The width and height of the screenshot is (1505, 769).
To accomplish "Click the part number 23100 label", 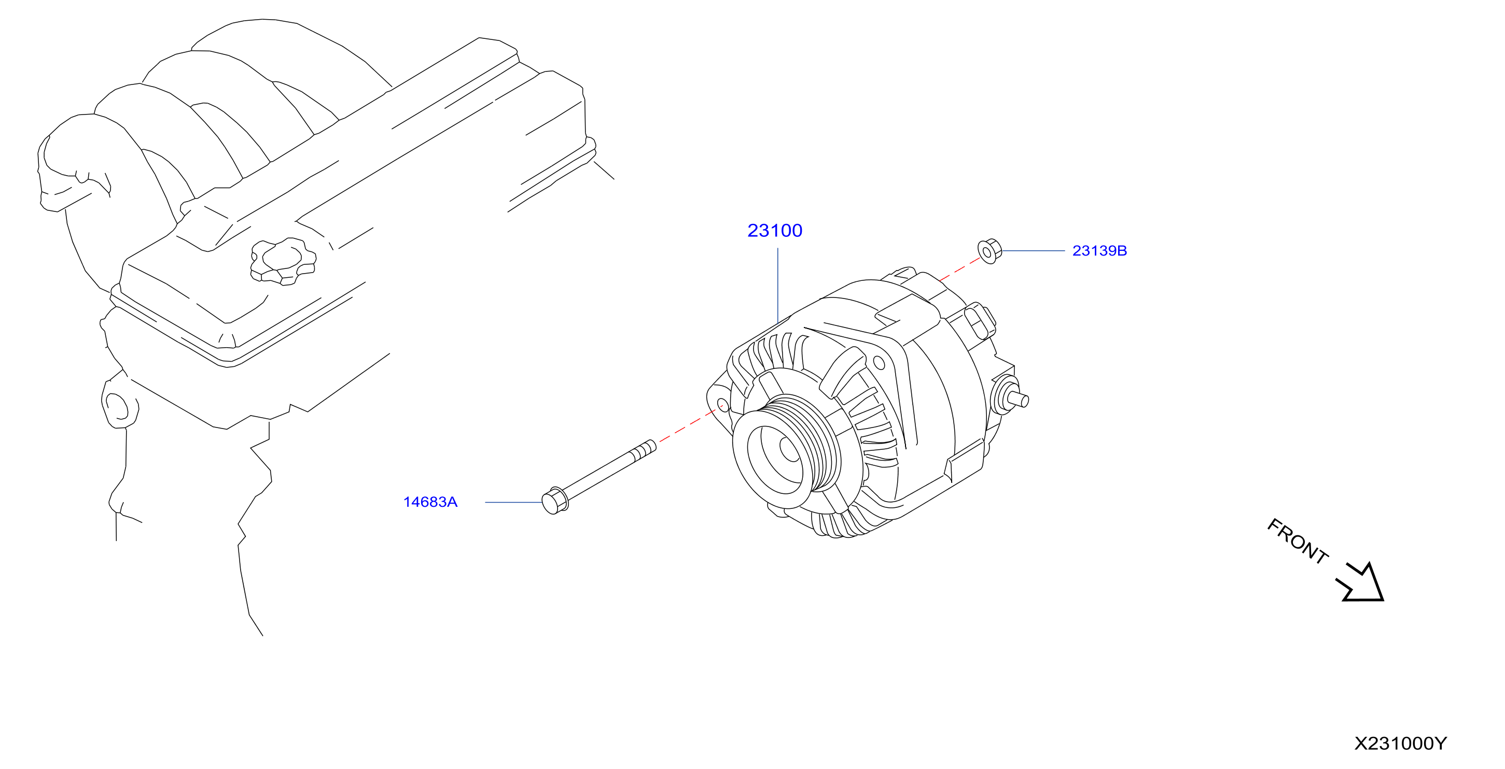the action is pyautogui.click(x=775, y=231).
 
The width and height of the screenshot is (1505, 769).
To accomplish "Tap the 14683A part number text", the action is pyautogui.click(x=430, y=502).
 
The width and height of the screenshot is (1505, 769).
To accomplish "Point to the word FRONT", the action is pyautogui.click(x=1298, y=540).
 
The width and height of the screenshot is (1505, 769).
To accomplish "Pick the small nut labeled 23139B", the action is pyautogui.click(x=990, y=252).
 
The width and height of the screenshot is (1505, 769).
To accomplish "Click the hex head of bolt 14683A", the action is pyautogui.click(x=555, y=501).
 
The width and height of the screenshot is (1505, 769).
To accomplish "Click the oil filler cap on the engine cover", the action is pyautogui.click(x=283, y=261).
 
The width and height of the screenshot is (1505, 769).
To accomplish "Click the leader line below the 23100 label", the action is pyautogui.click(x=777, y=285).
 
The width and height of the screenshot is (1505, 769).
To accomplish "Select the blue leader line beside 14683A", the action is pyautogui.click(x=513, y=502).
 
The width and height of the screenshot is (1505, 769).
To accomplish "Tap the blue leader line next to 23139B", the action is pyautogui.click(x=1034, y=250).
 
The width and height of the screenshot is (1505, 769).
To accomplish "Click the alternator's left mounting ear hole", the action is pyautogui.click(x=723, y=405).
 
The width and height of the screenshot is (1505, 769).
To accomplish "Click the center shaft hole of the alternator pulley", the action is pyautogui.click(x=790, y=449).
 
